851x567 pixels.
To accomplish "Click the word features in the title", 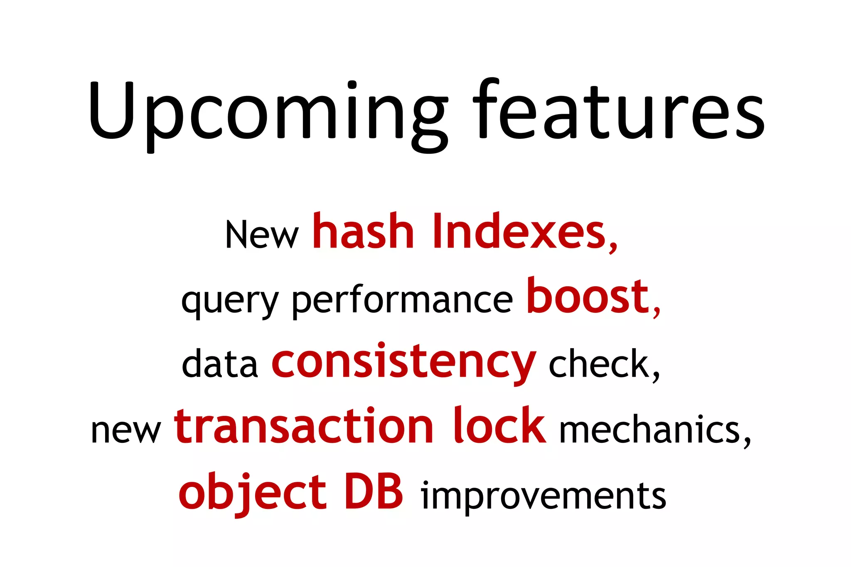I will pos(619,110).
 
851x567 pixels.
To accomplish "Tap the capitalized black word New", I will pos(262,235).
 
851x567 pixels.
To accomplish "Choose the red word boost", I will pos(588,297).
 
